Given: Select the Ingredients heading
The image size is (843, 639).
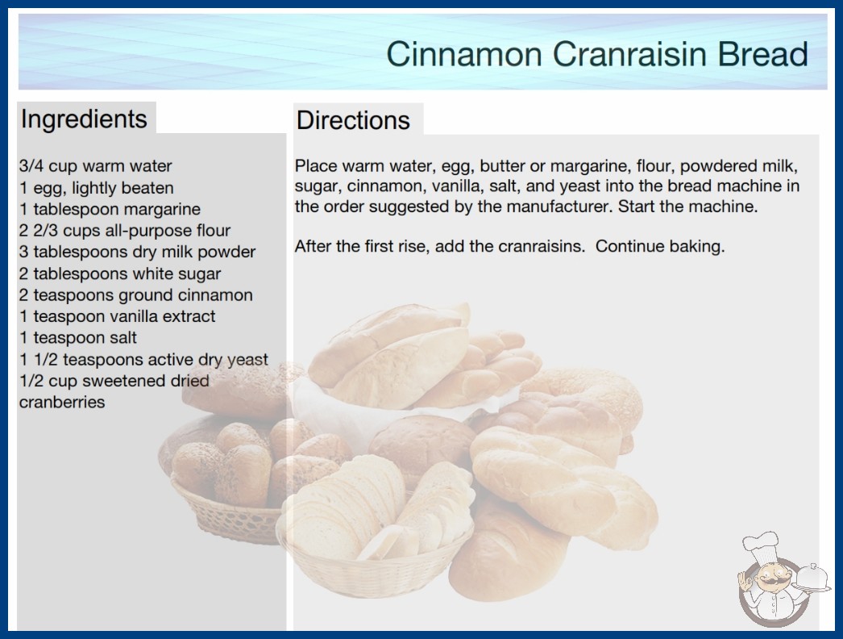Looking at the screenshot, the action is (x=84, y=119).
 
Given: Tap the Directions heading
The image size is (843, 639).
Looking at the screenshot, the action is (x=353, y=120).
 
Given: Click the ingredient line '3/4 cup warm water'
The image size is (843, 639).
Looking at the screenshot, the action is (x=96, y=166).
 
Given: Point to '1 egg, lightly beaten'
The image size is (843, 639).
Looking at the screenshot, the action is (x=97, y=188).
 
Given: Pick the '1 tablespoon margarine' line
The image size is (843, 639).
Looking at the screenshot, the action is (x=110, y=209).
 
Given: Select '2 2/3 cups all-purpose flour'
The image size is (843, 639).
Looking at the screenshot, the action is (x=125, y=231).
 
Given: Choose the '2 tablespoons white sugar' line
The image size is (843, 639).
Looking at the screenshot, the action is (x=120, y=274).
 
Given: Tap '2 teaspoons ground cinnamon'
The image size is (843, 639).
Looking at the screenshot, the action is (x=136, y=295).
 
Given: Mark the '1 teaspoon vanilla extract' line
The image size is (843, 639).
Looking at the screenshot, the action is (x=117, y=316).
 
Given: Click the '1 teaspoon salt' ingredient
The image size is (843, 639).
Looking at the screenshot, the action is (x=78, y=337).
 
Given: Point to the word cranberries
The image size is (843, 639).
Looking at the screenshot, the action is (x=62, y=402).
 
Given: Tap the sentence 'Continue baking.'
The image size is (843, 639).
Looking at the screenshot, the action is (x=660, y=247).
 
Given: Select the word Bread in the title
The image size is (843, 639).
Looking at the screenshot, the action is (x=763, y=54).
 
